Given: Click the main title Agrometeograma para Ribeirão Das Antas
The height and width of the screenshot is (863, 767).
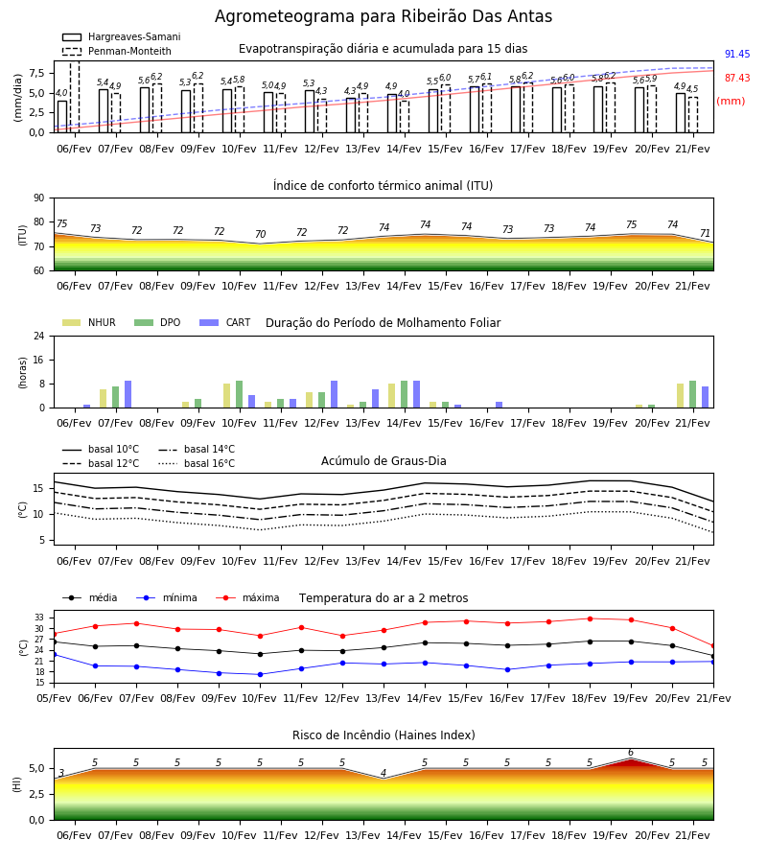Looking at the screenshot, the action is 383,16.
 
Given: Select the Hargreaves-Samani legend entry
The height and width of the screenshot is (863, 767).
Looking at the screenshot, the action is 122,36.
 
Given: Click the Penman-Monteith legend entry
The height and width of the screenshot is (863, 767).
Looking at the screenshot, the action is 117,51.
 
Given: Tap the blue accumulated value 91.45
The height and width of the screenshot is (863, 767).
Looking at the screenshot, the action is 737,54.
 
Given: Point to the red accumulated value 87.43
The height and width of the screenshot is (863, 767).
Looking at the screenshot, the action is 737,79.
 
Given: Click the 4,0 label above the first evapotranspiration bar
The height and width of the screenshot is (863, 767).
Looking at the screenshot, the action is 61,93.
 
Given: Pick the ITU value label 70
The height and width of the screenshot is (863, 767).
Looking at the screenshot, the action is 260,234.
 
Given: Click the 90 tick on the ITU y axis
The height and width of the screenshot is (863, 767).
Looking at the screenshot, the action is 39,198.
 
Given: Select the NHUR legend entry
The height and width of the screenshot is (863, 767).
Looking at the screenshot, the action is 89,322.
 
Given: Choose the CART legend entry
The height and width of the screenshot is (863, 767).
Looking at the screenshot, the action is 225,322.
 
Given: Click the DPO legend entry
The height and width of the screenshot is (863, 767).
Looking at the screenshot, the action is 157,322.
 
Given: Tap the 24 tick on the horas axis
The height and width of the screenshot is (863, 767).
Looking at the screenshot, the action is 39,336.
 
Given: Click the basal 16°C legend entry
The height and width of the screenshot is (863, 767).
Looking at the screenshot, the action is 197,463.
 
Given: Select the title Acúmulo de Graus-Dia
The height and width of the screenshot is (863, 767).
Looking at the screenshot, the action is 383,461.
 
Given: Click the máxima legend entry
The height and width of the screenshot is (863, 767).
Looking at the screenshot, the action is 247,597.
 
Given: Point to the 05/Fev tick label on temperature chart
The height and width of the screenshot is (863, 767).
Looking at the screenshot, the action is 54,698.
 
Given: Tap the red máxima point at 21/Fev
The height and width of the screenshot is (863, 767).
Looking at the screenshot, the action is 713,646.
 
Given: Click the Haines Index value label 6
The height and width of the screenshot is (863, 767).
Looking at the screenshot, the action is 631,753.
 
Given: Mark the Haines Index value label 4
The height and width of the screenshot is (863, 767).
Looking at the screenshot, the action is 383,773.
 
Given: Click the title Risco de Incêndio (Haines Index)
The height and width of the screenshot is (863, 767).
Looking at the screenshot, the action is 383,735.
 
